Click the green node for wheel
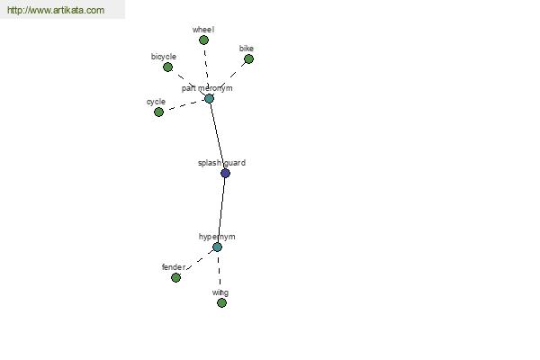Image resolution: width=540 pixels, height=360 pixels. (x=204, y=40)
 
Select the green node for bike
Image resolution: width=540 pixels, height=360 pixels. (x=248, y=59)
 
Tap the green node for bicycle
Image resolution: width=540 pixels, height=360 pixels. (x=167, y=67)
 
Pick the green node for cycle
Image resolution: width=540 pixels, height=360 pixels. (x=158, y=112)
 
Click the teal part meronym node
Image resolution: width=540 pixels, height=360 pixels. (x=209, y=99)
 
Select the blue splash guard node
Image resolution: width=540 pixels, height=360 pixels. (x=225, y=174)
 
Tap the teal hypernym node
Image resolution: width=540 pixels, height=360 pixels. (x=217, y=247)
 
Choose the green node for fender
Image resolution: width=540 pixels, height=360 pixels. (x=176, y=278)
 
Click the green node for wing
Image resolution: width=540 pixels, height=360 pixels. (x=221, y=302)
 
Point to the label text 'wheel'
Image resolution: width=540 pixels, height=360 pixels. (x=203, y=30)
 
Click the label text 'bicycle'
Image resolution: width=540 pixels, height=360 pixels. (x=164, y=57)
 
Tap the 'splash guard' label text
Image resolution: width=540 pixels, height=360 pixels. (x=221, y=163)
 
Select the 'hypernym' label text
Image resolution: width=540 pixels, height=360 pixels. (x=217, y=237)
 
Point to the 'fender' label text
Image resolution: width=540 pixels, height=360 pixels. (x=174, y=267)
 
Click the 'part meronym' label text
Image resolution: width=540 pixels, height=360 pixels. (x=207, y=88)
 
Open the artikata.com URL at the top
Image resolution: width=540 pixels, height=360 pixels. (x=56, y=10)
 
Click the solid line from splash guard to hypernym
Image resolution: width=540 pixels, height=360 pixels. (x=221, y=210)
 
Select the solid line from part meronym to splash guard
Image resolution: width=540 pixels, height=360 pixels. (x=217, y=136)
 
